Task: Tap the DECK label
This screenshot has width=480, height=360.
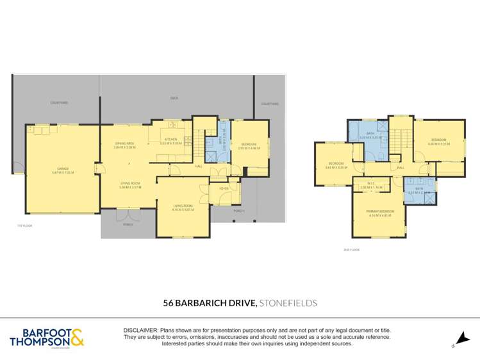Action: pyautogui.click(x=174, y=98)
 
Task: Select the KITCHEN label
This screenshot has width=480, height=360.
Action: pyautogui.click(x=170, y=139)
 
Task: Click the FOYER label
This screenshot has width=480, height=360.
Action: pyautogui.click(x=224, y=188)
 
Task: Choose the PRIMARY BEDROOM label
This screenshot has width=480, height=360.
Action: pyautogui.click(x=381, y=211)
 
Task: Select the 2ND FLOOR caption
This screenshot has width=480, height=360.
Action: pyautogui.click(x=351, y=250)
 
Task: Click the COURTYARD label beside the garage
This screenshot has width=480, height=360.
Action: pyautogui.click(x=60, y=102)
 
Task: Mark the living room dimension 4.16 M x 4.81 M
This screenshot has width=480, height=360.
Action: pyautogui.click(x=183, y=209)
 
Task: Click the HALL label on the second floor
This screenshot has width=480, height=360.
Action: pyautogui.click(x=401, y=168)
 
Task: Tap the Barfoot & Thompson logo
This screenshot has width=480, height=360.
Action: pyautogui.click(x=46, y=337)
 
